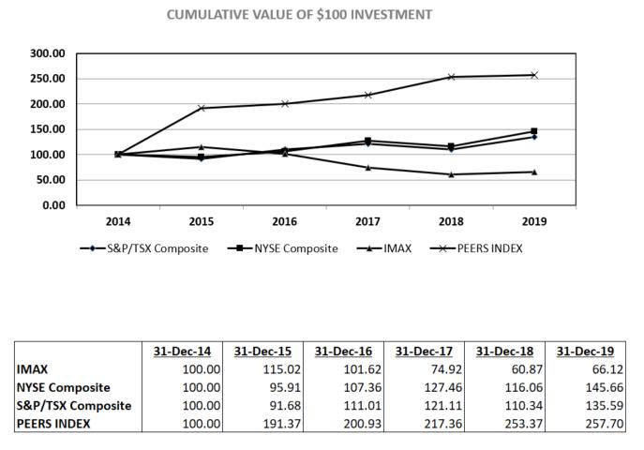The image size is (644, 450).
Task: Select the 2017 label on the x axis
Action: click(367, 222)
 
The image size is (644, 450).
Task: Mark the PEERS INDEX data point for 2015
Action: click(201, 108)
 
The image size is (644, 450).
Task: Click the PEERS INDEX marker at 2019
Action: click(534, 75)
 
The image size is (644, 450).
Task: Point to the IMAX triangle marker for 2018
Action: click(451, 174)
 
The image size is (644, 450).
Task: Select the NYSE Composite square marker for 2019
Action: click(534, 131)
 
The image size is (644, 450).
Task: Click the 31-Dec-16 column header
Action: click(343, 351)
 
